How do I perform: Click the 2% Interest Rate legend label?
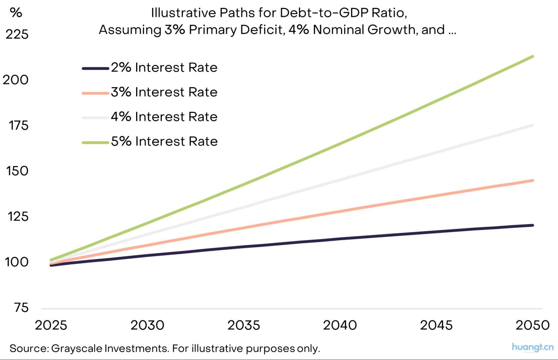[164, 67]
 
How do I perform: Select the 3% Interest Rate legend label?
[164, 92]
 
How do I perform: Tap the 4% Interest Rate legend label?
[164, 117]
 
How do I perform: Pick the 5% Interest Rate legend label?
[164, 141]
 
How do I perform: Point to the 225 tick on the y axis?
[17, 34]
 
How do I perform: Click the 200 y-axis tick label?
[16, 80]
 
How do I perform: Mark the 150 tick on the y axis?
[17, 171]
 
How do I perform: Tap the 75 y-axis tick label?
[21, 308]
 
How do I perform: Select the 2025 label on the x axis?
[51, 325]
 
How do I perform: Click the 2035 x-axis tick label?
[244, 325]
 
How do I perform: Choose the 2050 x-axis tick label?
[532, 325]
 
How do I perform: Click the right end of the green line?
[533, 57]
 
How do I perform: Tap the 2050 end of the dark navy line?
[533, 225]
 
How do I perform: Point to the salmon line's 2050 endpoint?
[533, 181]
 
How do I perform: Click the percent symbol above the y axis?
[16, 13]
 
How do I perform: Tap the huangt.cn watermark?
[532, 347]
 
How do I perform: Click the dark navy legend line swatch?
[95, 69]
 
